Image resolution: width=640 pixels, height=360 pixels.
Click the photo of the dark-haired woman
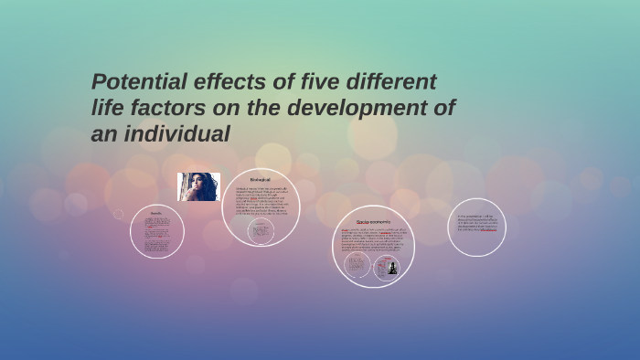(198, 186)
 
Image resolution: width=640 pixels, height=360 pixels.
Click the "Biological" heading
(261, 180)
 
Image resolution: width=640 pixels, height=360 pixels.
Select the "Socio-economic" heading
(373, 222)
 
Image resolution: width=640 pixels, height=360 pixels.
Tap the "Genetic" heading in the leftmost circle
(156, 213)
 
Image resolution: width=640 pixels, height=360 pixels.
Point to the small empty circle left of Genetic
(118, 215)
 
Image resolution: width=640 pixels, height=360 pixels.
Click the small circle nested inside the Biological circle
(261, 231)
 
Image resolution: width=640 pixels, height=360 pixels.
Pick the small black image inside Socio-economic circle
(392, 268)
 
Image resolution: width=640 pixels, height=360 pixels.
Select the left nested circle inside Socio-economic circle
(357, 266)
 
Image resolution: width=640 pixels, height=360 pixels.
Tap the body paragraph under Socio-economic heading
(373, 238)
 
